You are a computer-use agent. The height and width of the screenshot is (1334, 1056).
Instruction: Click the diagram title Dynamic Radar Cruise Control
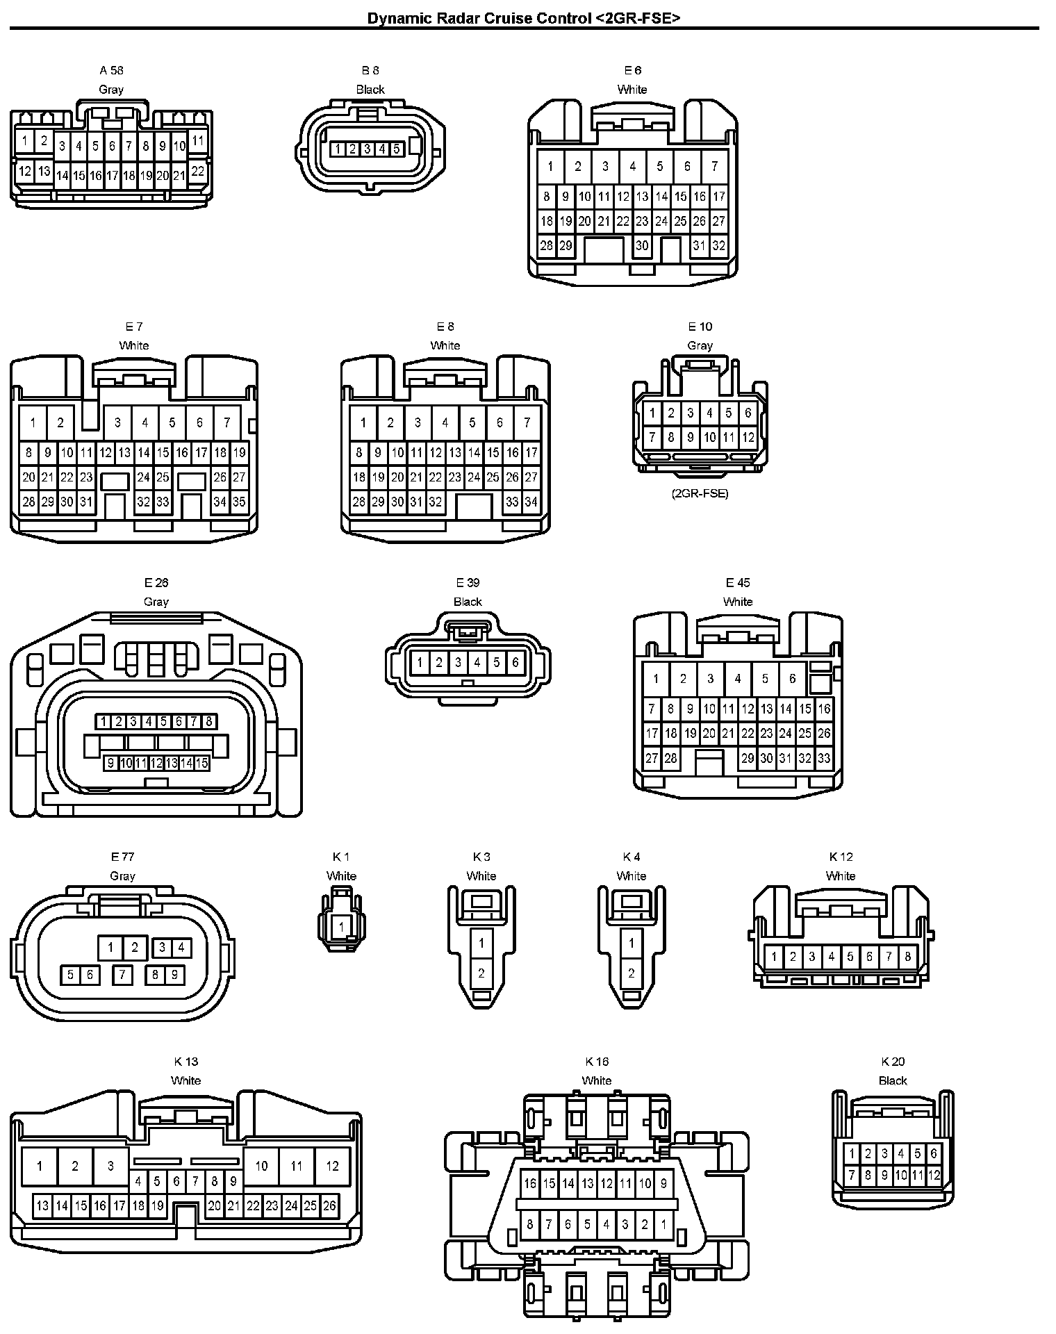(x=523, y=18)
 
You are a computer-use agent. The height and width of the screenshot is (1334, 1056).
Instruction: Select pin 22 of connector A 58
(x=197, y=171)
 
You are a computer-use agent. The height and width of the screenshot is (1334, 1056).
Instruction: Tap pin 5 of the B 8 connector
(x=396, y=149)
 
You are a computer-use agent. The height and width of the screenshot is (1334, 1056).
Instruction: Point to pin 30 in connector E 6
(x=642, y=245)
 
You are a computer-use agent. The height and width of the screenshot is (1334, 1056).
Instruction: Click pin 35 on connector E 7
(x=239, y=502)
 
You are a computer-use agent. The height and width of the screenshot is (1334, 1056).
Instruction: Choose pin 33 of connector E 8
(x=512, y=502)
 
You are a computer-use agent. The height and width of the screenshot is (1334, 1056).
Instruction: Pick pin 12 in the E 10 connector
(x=748, y=438)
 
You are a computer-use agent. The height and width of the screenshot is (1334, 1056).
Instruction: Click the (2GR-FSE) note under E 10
(x=700, y=494)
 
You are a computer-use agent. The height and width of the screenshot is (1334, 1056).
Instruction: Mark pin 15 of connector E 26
(x=201, y=764)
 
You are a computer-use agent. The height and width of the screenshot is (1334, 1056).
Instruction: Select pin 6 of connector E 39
(x=515, y=663)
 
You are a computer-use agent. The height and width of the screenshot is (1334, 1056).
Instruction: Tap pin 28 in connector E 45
(x=670, y=758)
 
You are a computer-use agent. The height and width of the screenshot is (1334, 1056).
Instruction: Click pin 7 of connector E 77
(x=122, y=975)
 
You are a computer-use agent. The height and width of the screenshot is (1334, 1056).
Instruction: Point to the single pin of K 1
(x=341, y=927)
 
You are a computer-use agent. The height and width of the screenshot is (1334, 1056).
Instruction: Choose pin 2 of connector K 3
(x=481, y=973)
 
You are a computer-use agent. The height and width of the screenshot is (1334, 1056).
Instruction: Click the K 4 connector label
(x=631, y=857)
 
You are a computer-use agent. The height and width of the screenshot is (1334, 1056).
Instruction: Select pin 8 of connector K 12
(x=907, y=957)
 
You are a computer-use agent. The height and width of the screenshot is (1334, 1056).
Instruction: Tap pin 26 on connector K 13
(x=329, y=1205)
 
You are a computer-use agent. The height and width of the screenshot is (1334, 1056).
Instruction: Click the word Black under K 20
(x=893, y=1080)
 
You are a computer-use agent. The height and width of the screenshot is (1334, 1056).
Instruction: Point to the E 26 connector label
(x=156, y=582)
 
